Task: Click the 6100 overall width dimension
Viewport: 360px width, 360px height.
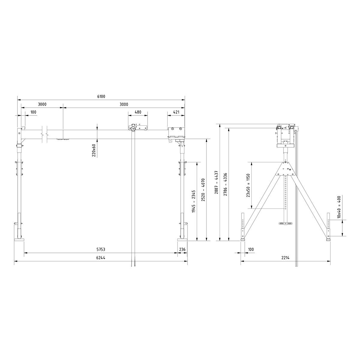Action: click(x=101, y=97)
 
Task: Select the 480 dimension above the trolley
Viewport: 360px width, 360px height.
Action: click(x=138, y=112)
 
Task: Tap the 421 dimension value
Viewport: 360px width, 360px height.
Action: click(x=176, y=112)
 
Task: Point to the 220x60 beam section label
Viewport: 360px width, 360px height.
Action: click(x=94, y=150)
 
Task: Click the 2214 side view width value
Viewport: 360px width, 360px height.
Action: click(x=285, y=258)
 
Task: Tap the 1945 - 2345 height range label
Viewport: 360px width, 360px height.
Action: click(x=193, y=201)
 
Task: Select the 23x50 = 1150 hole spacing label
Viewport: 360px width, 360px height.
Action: click(x=248, y=185)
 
